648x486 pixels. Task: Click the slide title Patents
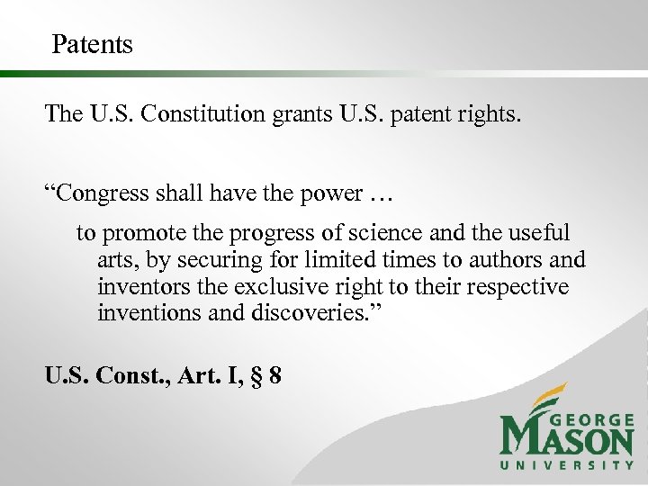92,44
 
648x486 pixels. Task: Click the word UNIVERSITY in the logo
567,465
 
